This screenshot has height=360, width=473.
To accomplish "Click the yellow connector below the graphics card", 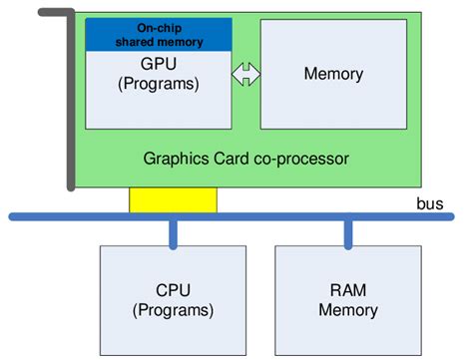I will [x=173, y=199].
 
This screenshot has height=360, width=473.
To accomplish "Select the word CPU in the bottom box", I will [x=173, y=291].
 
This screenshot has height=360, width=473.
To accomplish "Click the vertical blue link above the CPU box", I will [x=173, y=231].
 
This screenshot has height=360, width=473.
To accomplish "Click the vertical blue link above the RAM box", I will [x=348, y=231].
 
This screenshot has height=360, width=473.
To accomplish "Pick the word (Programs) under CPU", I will [x=173, y=310].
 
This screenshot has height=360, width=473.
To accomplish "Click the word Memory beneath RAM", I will [x=348, y=310].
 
